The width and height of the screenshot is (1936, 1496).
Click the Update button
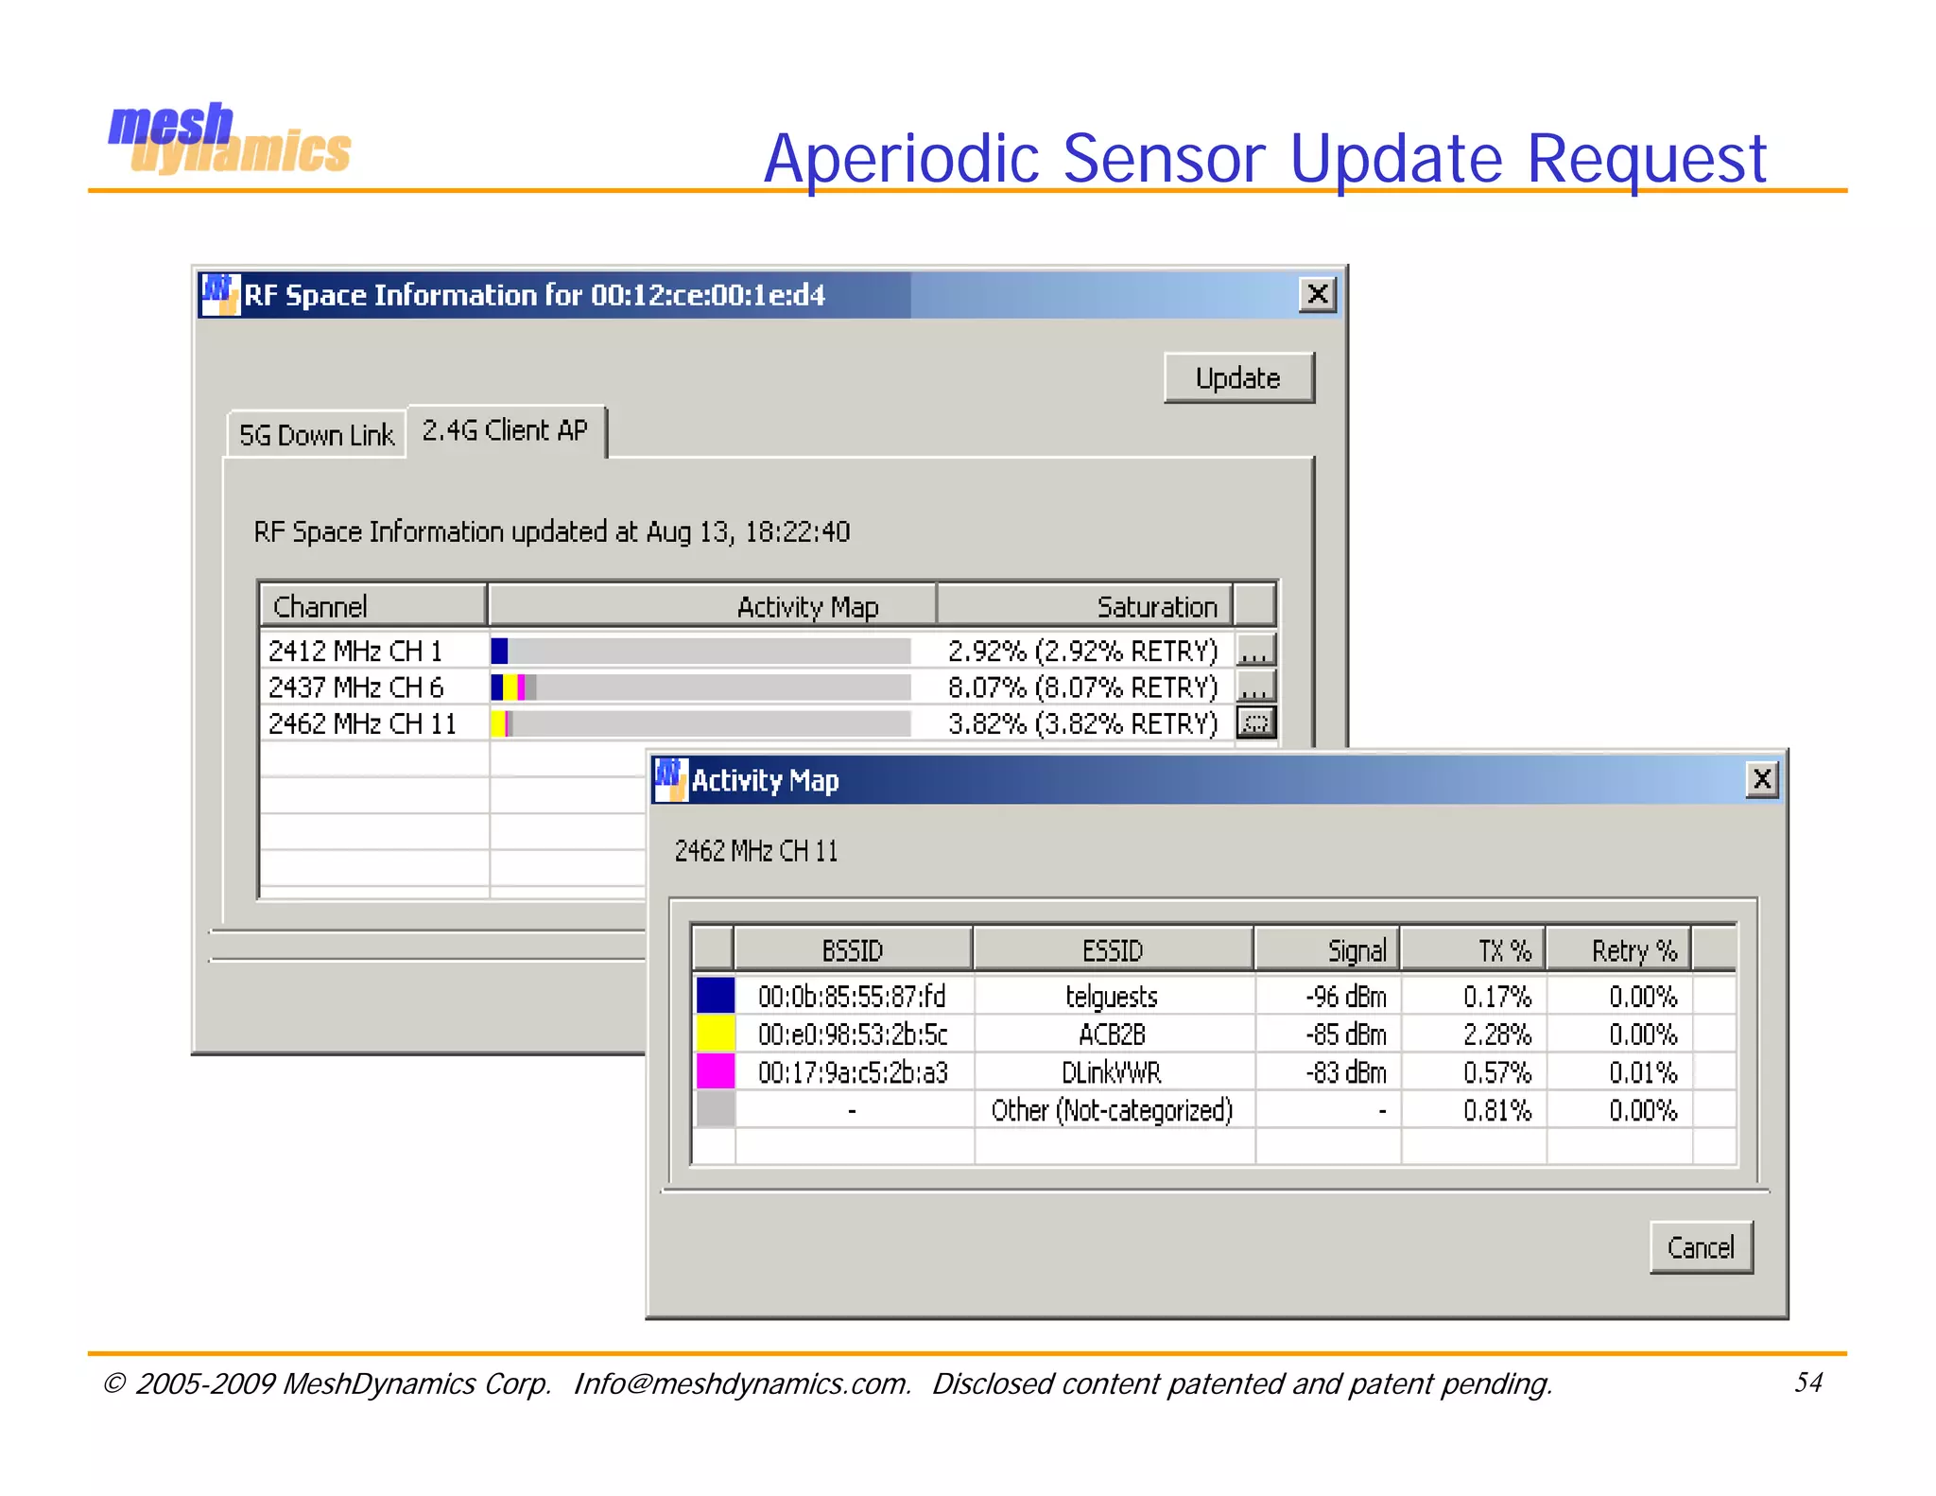(1238, 378)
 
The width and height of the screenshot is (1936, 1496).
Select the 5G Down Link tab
(316, 435)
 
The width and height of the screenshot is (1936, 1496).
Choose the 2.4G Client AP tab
(505, 431)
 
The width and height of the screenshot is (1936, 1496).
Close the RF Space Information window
(1318, 294)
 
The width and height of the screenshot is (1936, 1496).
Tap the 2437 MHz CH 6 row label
(356, 687)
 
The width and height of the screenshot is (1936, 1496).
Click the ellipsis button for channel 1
(1255, 651)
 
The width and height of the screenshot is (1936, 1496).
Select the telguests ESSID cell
(1112, 997)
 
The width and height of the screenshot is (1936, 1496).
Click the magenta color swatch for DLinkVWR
(715, 1072)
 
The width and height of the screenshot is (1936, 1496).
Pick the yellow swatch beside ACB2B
(715, 1034)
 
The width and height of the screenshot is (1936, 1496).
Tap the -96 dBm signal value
(1346, 997)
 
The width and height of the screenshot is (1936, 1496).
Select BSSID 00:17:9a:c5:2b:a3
(853, 1072)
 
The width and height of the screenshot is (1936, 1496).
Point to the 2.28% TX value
(1497, 1035)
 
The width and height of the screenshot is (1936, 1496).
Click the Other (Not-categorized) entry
(1112, 1110)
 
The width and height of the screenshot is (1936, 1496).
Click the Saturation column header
(1156, 606)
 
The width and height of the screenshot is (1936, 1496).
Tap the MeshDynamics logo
(229, 140)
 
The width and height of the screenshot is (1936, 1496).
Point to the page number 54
(1807, 1383)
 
